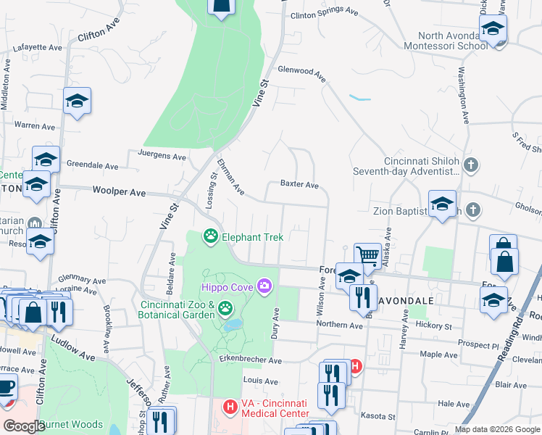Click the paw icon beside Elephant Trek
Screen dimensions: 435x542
tap(211, 236)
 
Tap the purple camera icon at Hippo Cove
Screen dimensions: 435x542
tap(264, 287)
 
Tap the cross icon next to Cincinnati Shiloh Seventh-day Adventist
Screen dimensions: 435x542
tap(472, 165)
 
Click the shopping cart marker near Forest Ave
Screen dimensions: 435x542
tap(367, 255)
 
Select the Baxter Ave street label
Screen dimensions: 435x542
tap(299, 186)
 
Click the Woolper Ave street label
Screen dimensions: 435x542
tap(119, 192)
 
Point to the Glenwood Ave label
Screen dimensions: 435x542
tap(301, 71)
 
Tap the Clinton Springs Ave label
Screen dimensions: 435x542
tap(324, 13)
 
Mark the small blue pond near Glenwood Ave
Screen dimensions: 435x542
tap(359, 97)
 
